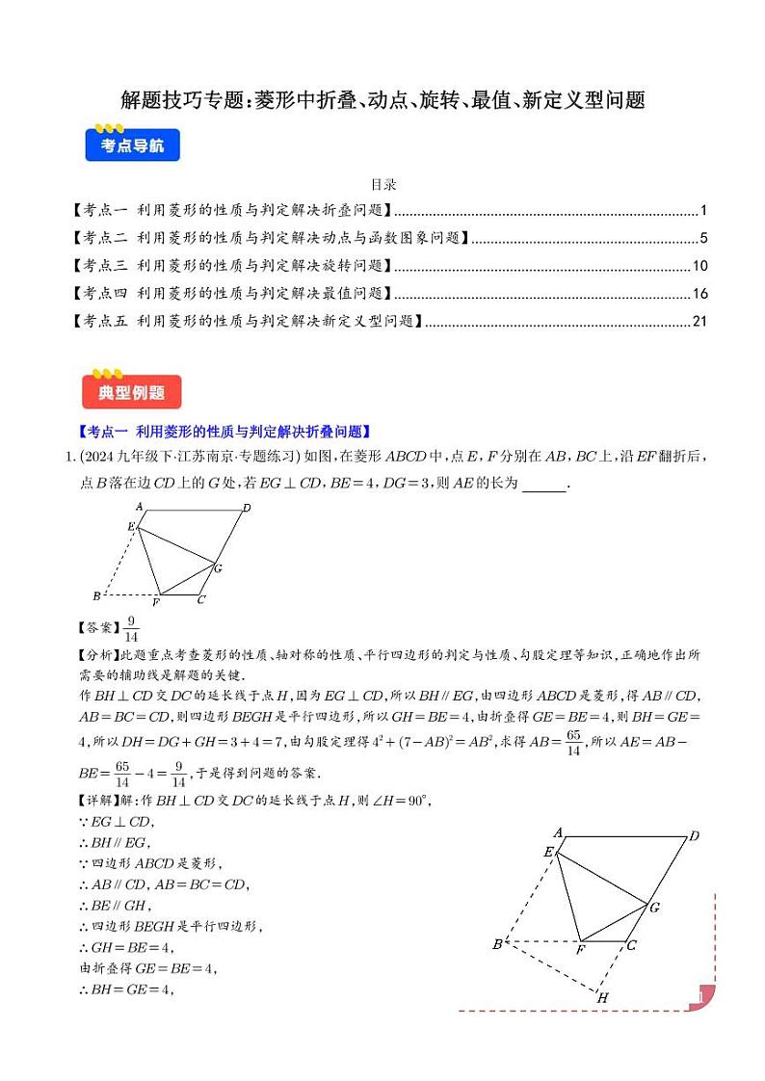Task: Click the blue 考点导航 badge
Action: point(132,146)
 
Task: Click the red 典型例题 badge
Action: point(132,392)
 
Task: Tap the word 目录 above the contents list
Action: point(383,184)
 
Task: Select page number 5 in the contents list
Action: point(704,239)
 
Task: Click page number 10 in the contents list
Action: point(700,266)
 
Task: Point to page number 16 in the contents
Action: point(700,293)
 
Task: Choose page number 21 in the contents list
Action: point(700,321)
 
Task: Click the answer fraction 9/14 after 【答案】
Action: point(132,628)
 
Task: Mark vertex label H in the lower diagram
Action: point(602,997)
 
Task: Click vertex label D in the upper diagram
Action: point(248,508)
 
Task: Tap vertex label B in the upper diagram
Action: point(96,595)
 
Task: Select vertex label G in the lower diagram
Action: point(654,908)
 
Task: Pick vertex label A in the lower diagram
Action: point(558,831)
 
